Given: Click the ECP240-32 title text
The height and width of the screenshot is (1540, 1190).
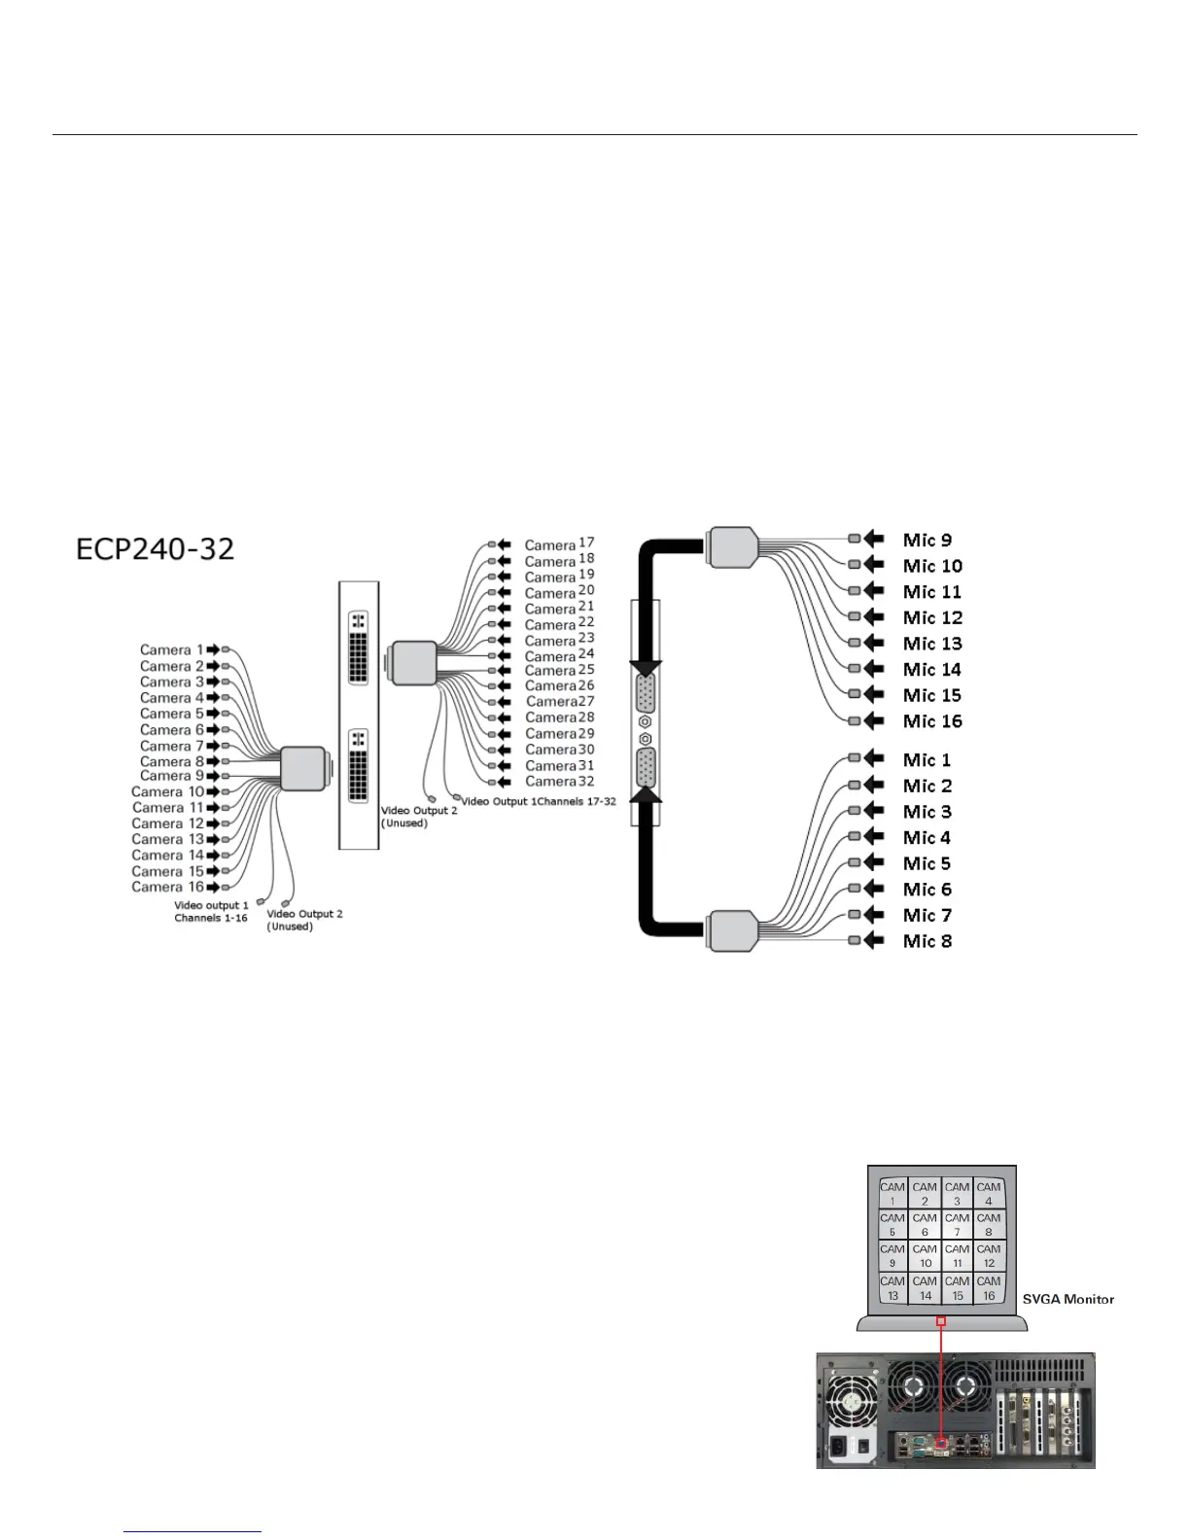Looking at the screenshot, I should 156,549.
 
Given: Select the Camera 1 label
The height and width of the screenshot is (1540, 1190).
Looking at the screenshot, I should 171,650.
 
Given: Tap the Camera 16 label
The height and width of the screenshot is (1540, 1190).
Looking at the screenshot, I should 168,887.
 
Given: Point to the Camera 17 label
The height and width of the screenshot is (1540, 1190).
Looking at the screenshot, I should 559,544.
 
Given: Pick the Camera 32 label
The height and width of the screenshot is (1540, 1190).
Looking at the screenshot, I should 559,782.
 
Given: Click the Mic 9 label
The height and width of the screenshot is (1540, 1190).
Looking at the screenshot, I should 927,541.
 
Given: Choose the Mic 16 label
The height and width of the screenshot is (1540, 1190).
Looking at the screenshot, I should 931,721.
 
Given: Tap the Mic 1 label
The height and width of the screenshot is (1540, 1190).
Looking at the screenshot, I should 927,760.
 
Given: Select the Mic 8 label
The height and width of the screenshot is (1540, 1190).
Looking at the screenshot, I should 927,941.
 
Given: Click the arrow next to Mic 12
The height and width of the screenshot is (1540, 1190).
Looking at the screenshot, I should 874,617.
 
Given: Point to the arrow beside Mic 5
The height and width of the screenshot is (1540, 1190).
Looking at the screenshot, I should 874,863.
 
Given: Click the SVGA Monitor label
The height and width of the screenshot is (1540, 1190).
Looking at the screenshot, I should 1067,1299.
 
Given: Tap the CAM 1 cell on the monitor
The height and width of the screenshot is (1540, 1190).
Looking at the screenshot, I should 892,1193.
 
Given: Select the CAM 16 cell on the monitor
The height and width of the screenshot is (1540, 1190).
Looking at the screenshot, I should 989,1287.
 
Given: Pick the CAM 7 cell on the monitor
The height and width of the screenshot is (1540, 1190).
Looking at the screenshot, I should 957,1224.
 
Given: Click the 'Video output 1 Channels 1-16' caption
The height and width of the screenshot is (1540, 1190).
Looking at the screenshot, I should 211,911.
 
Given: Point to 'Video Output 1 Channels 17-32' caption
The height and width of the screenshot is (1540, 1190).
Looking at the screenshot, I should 538,802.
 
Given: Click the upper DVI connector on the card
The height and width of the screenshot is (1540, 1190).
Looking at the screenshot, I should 358,647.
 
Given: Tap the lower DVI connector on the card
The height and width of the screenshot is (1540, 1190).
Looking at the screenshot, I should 358,765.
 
